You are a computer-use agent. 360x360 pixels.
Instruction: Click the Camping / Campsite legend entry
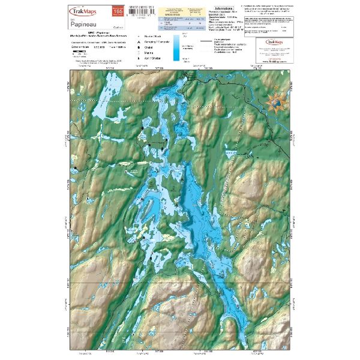click(155, 43)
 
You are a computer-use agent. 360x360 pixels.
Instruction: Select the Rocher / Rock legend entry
click(153, 37)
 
